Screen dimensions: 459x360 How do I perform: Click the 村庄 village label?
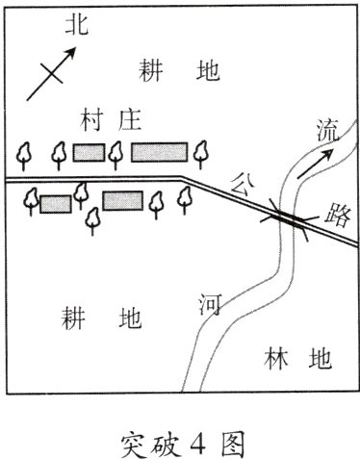pyautogui.click(x=112, y=120)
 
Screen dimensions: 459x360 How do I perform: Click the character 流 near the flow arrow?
pyautogui.click(x=327, y=133)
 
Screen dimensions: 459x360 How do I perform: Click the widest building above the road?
pyautogui.click(x=159, y=152)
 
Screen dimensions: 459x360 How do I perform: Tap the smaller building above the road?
pyautogui.click(x=89, y=152)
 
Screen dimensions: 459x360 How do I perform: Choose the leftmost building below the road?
pyautogui.click(x=55, y=203)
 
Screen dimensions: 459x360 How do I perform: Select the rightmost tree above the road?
pyautogui.click(x=200, y=151)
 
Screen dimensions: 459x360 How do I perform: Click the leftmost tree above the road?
pyautogui.click(x=28, y=153)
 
